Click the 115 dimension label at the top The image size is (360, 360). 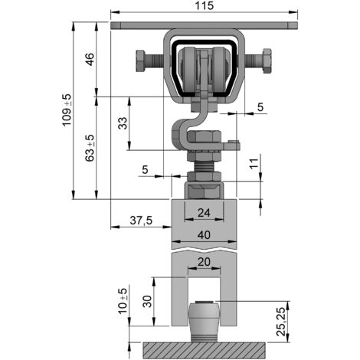click(x=204, y=5)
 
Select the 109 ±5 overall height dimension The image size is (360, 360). click(x=67, y=110)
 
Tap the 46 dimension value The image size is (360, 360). click(x=90, y=59)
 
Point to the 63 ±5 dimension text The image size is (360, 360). click(x=90, y=148)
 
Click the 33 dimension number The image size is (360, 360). click(x=123, y=123)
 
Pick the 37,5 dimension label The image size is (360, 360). click(x=141, y=220)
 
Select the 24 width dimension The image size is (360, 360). click(x=204, y=212)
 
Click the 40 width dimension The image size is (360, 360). click(x=204, y=235)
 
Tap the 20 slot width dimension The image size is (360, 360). click(x=204, y=262)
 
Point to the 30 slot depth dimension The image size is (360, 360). click(x=148, y=301)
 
